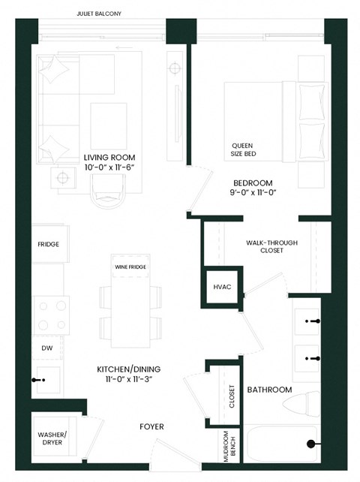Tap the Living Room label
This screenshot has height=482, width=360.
[x=109, y=157]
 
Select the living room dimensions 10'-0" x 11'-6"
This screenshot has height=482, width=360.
[x=109, y=167]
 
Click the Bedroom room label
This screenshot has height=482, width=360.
[x=252, y=182]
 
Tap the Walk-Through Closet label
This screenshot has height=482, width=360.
[x=265, y=246]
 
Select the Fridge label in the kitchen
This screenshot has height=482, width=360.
[x=49, y=245]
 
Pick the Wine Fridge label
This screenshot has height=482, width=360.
[x=130, y=267]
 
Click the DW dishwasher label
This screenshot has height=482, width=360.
[x=46, y=348]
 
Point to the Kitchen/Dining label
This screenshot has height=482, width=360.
[x=130, y=369]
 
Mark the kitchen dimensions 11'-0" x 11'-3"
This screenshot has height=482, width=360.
[x=130, y=381]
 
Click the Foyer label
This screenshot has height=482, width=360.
[x=151, y=427]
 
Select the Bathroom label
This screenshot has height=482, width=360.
[x=270, y=390]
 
